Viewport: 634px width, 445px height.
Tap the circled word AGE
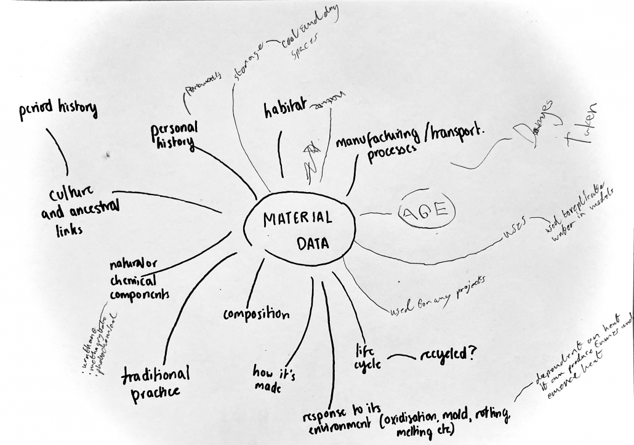pyautogui.click(x=428, y=211)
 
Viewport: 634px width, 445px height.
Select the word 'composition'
pyautogui.click(x=256, y=315)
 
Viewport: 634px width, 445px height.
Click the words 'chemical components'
pyautogui.click(x=139, y=287)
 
